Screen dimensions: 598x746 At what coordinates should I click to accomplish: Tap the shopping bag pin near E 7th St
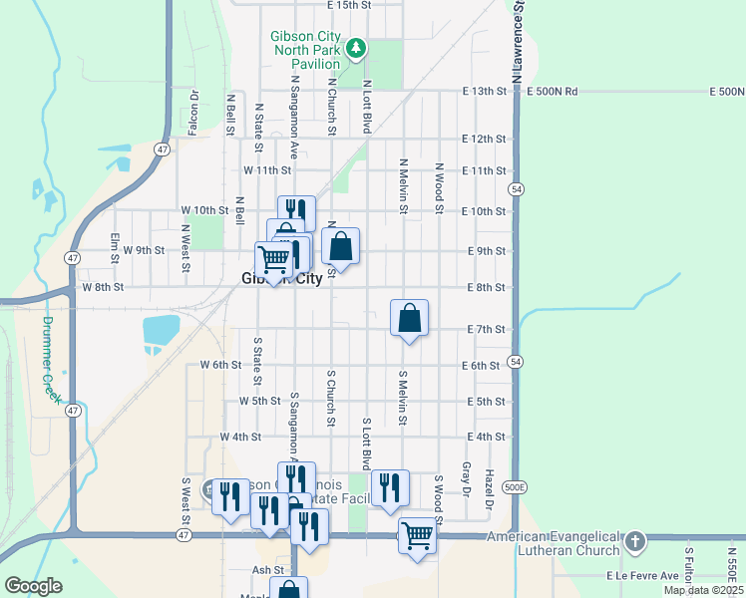(x=409, y=319)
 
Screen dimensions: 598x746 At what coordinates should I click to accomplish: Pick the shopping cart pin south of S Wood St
(x=418, y=536)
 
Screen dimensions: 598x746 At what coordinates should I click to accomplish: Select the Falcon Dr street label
(x=195, y=111)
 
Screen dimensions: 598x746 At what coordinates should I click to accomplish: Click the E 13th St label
(x=486, y=92)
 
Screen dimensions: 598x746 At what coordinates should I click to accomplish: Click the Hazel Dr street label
(x=489, y=489)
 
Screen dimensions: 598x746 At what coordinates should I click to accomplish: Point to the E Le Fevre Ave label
(x=642, y=576)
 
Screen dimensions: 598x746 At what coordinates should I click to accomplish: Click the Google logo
(x=33, y=586)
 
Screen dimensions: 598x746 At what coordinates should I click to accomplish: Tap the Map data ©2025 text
(x=702, y=590)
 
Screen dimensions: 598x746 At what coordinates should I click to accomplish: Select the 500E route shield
(x=514, y=487)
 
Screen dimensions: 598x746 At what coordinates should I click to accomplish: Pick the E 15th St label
(x=348, y=5)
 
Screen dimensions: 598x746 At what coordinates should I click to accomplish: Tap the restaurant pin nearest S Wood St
(x=390, y=488)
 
